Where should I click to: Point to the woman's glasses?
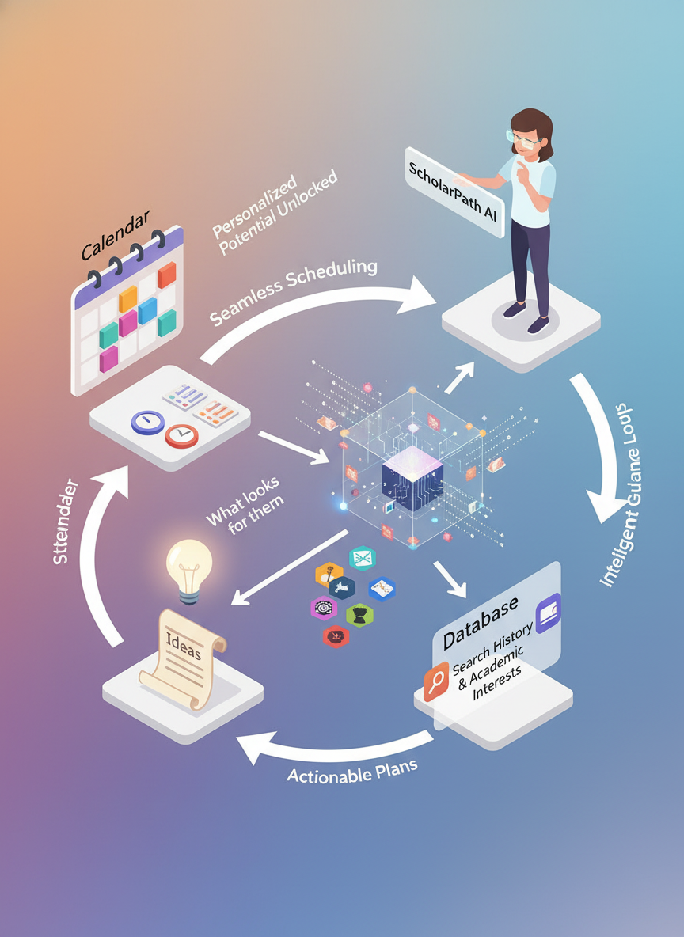[526, 142]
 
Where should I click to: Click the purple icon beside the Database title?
[548, 613]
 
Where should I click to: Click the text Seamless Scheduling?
[294, 290]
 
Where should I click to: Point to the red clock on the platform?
[181, 434]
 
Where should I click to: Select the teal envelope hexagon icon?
[361, 559]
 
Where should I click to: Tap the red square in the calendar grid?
[166, 275]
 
